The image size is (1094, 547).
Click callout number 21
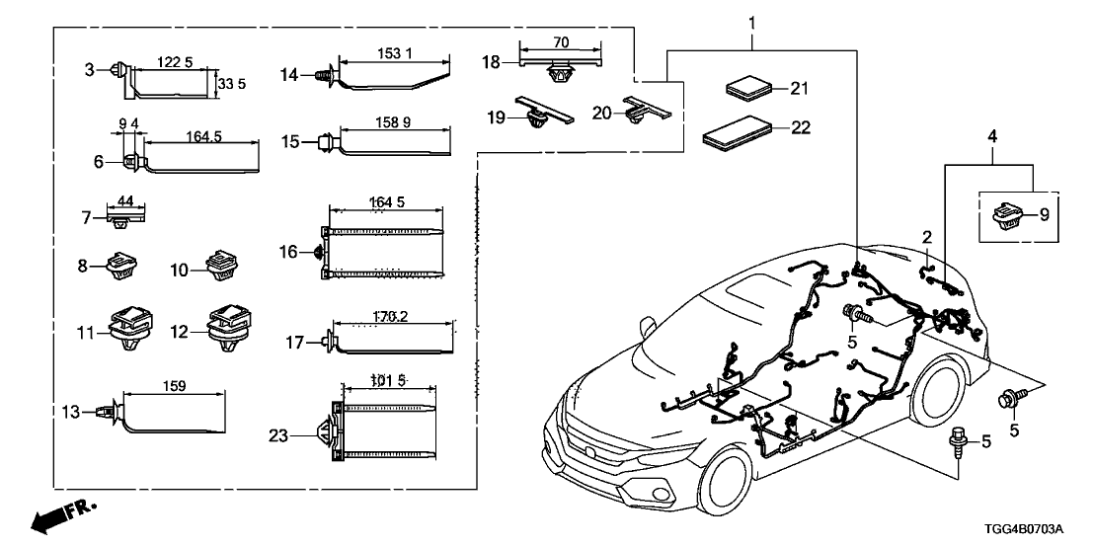800,89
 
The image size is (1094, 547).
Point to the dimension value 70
560,42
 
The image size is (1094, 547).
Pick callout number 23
280,433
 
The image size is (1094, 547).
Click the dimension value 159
172,386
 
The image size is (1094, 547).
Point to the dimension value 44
124,201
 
